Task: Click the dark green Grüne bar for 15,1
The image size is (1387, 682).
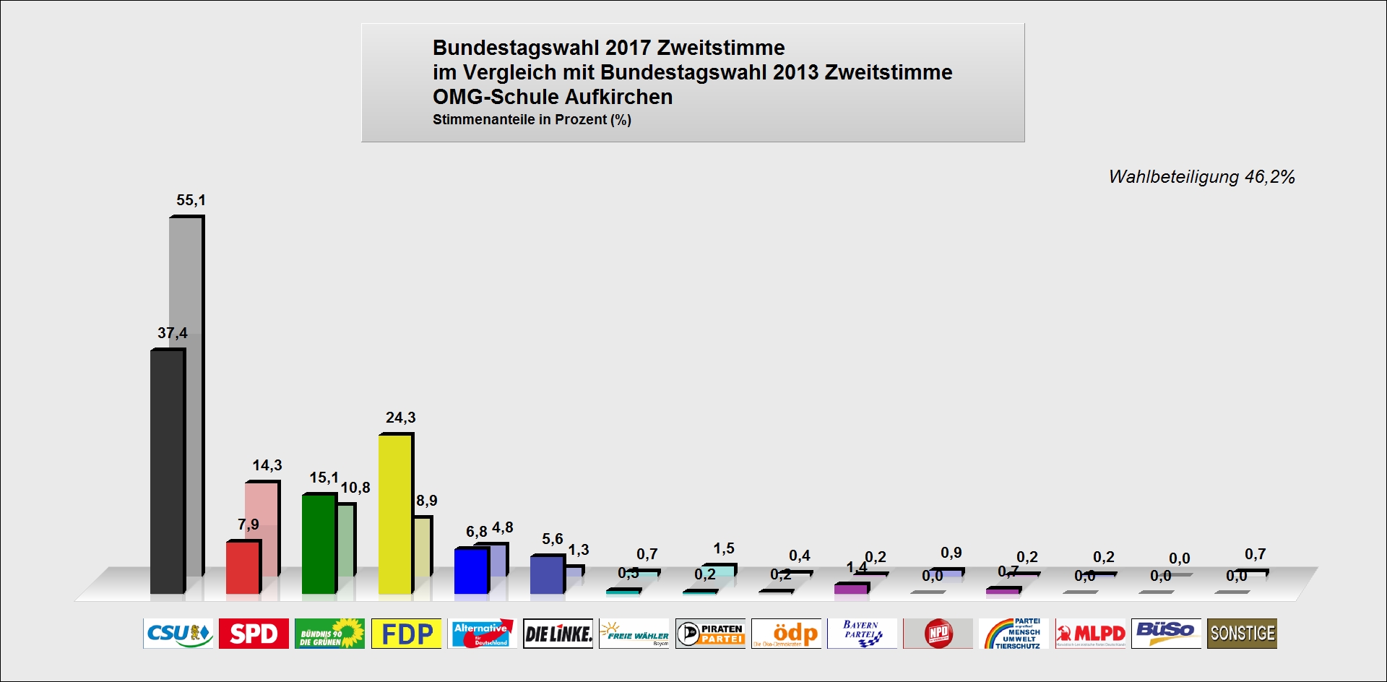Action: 319,543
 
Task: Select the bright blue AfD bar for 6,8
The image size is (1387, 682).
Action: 471,571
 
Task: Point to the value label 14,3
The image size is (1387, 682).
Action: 267,465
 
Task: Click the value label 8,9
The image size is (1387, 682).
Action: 427,501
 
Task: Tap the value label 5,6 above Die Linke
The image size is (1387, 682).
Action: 553,539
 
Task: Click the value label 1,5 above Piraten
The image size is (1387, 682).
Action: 724,548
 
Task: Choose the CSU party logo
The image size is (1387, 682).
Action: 178,634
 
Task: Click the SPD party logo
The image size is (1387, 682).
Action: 254,634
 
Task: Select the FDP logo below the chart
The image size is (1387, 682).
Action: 406,634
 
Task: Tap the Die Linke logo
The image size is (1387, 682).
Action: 558,634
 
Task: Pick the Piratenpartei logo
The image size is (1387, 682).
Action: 710,634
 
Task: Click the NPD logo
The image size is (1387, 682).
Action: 938,634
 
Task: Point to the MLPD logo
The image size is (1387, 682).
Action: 1090,634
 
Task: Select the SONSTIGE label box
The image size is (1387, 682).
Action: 1242,634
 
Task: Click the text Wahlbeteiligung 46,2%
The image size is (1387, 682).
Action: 1201,177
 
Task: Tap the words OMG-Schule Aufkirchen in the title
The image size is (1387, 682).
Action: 553,97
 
